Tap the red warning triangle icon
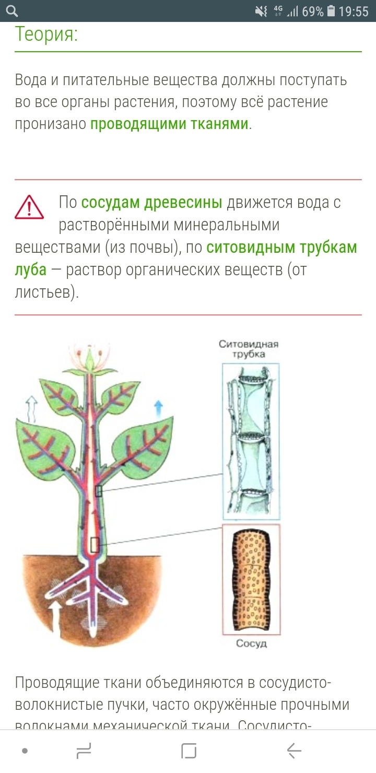29,207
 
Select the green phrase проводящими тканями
169,124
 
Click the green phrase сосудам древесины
152,202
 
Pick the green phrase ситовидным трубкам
281,247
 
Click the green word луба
31,270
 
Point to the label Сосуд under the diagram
251,643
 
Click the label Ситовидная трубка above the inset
249,349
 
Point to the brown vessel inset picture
251,579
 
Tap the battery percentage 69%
312,11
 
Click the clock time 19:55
354,11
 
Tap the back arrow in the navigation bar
294,751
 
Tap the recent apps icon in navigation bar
84,751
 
